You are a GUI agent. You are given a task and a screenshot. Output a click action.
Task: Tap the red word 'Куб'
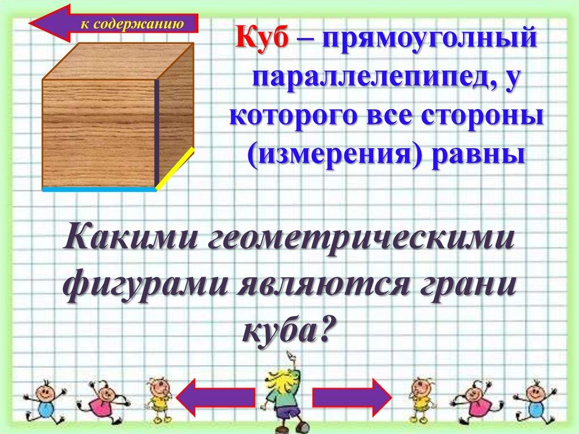coord(262,41)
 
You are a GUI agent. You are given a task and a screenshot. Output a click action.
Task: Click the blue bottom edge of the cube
coord(99,190)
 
